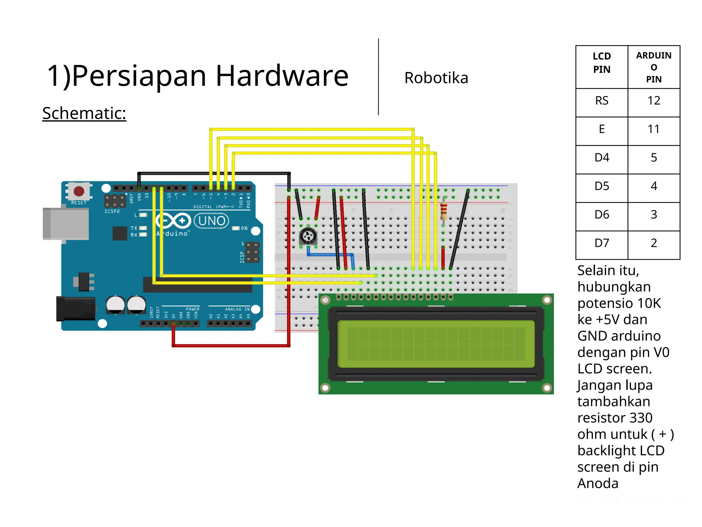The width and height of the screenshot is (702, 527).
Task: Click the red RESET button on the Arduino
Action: point(79,191)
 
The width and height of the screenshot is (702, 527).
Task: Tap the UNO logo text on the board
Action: point(211,221)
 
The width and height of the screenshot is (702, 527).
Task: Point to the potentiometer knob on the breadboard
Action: point(308,236)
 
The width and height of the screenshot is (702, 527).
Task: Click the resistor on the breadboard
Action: point(444,210)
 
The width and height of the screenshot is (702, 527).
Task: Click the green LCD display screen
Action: point(436,344)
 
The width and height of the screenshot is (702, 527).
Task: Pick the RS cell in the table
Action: point(602,101)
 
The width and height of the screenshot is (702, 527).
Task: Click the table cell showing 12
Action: point(654,101)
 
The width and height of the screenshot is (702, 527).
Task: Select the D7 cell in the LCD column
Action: point(602,243)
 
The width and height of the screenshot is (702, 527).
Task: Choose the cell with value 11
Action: point(654,129)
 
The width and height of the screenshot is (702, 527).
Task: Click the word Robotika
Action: point(436,78)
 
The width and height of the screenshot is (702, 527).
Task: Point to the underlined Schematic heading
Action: point(84,113)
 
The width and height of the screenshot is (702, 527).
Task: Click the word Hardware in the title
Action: point(282,76)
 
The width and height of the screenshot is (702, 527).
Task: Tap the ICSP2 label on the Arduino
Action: point(112,211)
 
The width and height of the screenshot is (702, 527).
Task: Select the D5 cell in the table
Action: point(602,186)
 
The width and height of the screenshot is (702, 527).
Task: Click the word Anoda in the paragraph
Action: point(598,483)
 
